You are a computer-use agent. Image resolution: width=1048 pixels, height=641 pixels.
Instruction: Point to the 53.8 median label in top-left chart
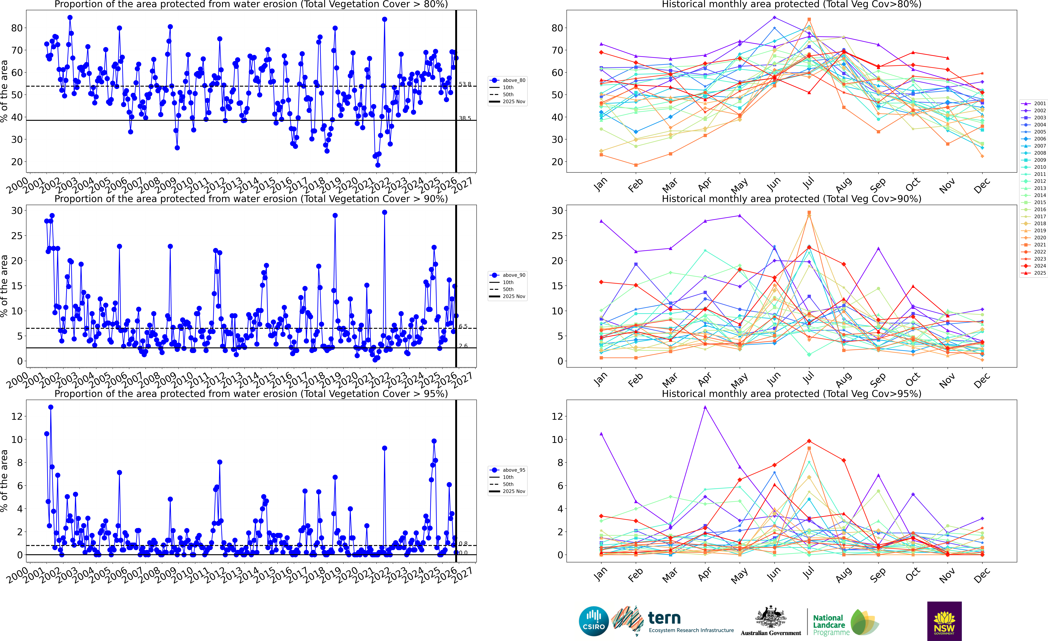pyautogui.click(x=465, y=84)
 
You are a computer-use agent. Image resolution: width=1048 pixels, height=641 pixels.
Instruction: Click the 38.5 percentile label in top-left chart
pyautogui.click(x=465, y=118)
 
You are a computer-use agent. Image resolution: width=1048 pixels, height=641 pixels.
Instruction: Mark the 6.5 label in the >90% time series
pyautogui.click(x=463, y=326)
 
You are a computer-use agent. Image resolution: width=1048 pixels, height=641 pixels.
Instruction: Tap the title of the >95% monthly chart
pyautogui.click(x=792, y=394)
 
